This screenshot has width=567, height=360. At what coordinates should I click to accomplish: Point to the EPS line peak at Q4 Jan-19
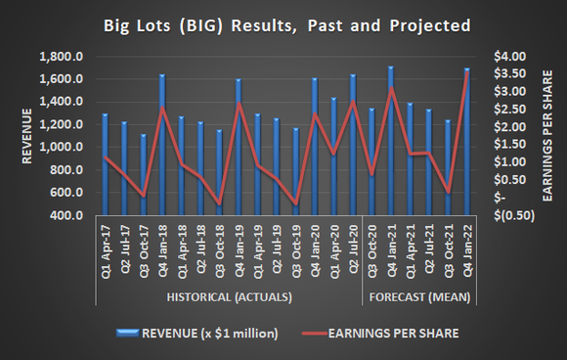239,104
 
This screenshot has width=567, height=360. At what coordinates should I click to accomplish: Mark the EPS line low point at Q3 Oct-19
295,204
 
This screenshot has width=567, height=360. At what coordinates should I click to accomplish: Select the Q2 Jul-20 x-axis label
351,253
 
